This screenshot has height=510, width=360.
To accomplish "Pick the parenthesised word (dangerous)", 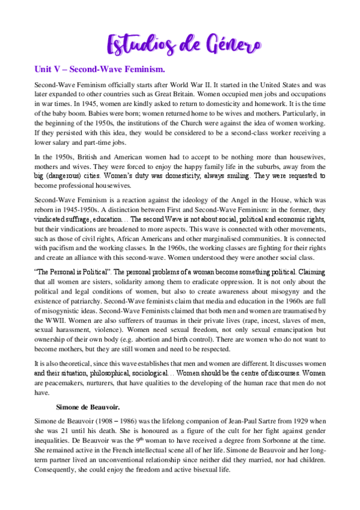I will (67, 176).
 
